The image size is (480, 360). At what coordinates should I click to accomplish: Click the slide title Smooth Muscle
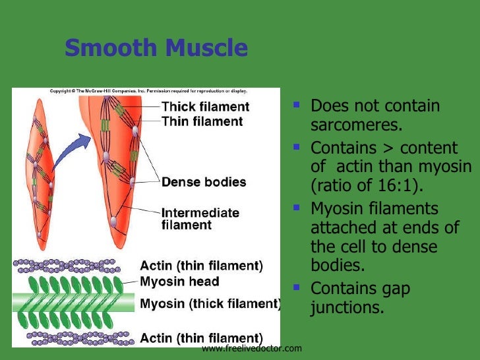(156, 48)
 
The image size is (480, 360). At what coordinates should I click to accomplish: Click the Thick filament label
(205, 107)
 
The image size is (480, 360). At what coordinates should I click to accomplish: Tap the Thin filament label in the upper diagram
(202, 121)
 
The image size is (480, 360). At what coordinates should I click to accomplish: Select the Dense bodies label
(204, 182)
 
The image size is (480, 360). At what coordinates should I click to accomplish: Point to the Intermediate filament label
(200, 219)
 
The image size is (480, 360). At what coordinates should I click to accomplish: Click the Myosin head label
(179, 282)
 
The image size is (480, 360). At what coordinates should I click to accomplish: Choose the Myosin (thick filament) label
(210, 304)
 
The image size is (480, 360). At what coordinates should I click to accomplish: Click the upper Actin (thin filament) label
(201, 266)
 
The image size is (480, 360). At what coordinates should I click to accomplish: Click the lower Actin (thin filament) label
(201, 338)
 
